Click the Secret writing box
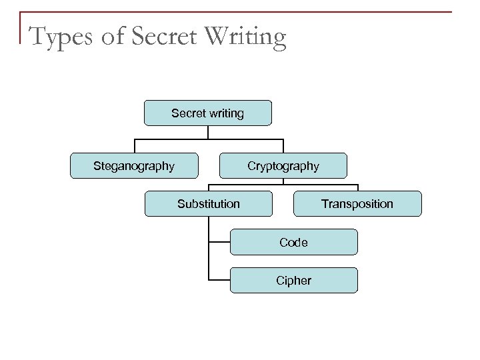(208, 113)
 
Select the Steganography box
(134, 165)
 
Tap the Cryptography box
(283, 165)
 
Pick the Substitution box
(209, 203)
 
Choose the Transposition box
(357, 203)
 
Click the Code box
(293, 242)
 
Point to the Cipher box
(293, 280)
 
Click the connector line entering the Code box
(219, 241)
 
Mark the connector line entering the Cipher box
(219, 279)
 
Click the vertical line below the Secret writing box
(209, 132)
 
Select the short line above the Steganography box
(135, 146)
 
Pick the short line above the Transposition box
(358, 187)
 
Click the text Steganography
(133, 165)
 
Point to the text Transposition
(357, 203)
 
